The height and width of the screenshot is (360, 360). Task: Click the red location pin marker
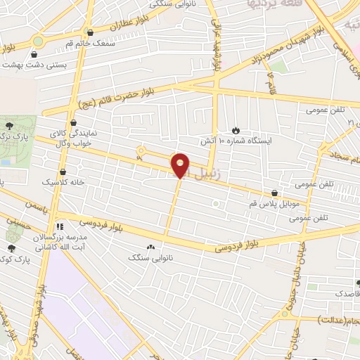[x=181, y=165]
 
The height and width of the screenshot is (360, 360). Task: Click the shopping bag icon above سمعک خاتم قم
[x=89, y=32]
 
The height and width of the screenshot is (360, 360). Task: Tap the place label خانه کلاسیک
[x=63, y=181]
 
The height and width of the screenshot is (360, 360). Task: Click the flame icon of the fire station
[x=236, y=130]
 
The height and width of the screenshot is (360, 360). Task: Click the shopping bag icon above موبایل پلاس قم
[x=274, y=192]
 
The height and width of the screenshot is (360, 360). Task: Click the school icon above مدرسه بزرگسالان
[x=60, y=226]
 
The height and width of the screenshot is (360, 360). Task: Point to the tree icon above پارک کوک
[x=11, y=247]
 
